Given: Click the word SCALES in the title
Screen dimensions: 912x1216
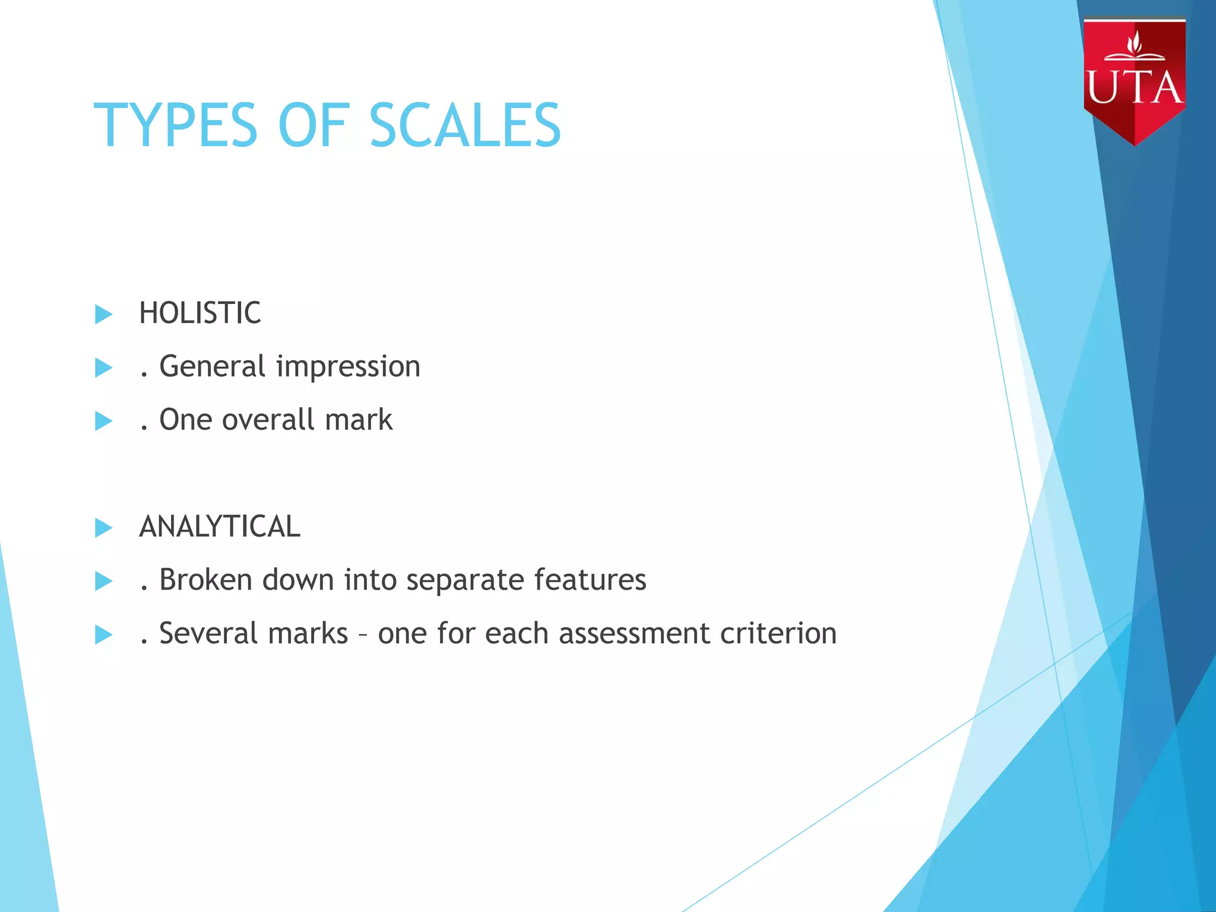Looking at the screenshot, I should point(465,125).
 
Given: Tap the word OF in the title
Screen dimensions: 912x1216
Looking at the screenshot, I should point(312,125).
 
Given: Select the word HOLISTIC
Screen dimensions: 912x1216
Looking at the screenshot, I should point(200,313).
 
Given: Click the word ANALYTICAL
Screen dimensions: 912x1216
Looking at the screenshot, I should point(220,527).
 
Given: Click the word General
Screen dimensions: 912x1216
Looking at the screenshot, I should point(213,366).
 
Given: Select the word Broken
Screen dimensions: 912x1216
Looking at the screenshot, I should point(206,580).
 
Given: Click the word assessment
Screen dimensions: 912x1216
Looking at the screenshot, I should point(634,634).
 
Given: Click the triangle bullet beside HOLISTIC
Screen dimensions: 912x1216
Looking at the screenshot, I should point(103,314).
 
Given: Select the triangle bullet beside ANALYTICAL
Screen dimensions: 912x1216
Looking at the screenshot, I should point(103,527).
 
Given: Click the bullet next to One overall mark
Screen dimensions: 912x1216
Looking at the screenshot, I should point(103,421).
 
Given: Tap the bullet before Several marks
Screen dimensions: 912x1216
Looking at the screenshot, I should point(103,635).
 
